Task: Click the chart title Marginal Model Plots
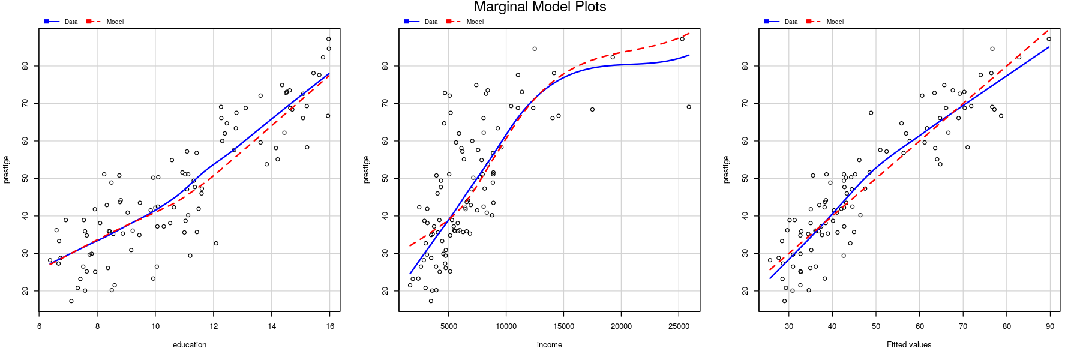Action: pyautogui.click(x=540, y=7)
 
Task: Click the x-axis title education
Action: pyautogui.click(x=190, y=345)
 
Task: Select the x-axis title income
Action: pyautogui.click(x=550, y=345)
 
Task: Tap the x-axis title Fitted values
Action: pyautogui.click(x=909, y=345)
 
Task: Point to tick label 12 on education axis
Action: pyautogui.click(x=214, y=326)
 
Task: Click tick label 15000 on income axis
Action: pyautogui.click(x=563, y=326)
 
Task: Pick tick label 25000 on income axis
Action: pyautogui.click(x=679, y=326)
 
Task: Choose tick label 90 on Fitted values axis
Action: pyautogui.click(x=1050, y=326)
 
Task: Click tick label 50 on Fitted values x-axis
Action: pyautogui.click(x=876, y=326)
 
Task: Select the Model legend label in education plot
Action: pyautogui.click(x=115, y=22)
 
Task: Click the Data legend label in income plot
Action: pyautogui.click(x=431, y=22)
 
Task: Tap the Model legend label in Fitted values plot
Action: pyautogui.click(x=835, y=22)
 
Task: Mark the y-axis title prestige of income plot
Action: pyautogui.click(x=367, y=169)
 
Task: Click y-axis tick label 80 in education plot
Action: pyautogui.click(x=25, y=66)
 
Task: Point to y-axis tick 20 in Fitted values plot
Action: pyautogui.click(x=745, y=290)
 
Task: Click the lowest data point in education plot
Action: pyautogui.click(x=71, y=301)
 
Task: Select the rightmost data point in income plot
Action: pyautogui.click(x=689, y=107)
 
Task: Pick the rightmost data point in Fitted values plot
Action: pyautogui.click(x=1049, y=39)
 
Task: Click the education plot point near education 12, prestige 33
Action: pyautogui.click(x=216, y=244)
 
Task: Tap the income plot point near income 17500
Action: pyautogui.click(x=592, y=110)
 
